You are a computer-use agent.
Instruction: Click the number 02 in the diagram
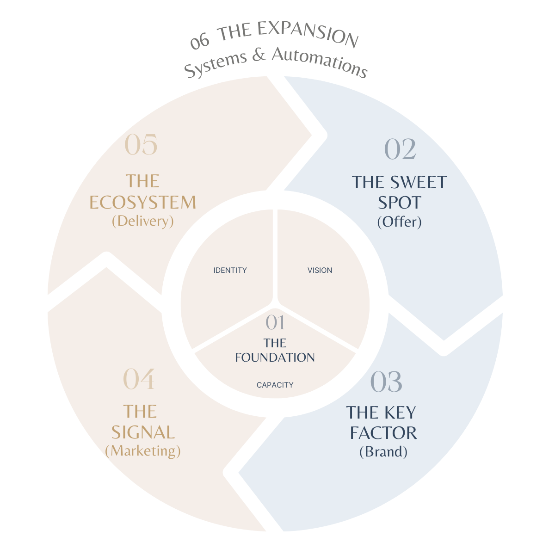[x=400, y=150]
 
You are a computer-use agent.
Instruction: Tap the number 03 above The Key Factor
[x=386, y=382]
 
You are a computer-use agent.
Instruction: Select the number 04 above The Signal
[x=139, y=379]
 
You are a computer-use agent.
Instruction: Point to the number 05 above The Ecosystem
[x=141, y=145]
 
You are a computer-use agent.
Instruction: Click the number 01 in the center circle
[x=275, y=323]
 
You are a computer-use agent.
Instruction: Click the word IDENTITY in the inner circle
[x=230, y=270]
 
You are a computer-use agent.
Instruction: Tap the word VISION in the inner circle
[x=320, y=270]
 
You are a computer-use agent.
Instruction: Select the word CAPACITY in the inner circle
[x=275, y=385]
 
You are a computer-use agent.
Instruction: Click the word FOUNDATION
[x=275, y=358]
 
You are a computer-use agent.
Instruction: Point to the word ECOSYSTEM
[x=142, y=203]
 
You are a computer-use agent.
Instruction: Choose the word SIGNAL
[x=143, y=432]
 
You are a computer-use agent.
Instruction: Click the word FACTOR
[x=383, y=433]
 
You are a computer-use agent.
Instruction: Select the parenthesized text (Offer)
[x=399, y=222]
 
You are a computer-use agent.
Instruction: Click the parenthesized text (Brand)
[x=383, y=451]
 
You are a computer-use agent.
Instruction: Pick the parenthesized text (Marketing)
[x=143, y=450]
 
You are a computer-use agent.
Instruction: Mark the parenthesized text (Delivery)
[x=143, y=221]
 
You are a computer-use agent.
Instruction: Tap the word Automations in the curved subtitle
[x=319, y=62]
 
